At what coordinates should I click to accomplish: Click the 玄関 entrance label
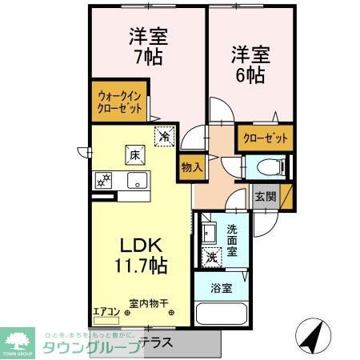tap(266, 195)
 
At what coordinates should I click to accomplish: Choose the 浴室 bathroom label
tap(222, 287)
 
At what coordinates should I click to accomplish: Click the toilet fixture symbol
tap(269, 166)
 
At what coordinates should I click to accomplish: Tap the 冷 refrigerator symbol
tap(163, 136)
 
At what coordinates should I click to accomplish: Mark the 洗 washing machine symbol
tap(211, 258)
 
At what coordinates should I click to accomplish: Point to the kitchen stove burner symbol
tap(102, 181)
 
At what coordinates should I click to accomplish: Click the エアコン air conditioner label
tap(106, 311)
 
